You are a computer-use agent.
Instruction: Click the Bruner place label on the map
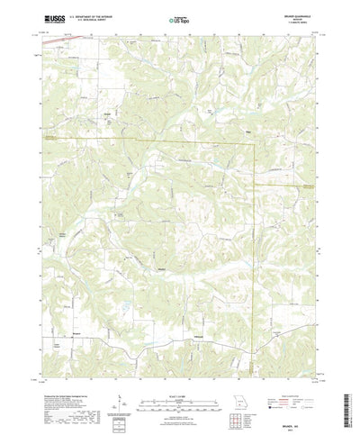point(162,267)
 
